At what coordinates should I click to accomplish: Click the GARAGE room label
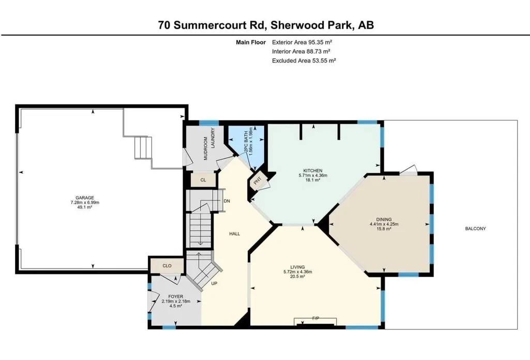point(84,198)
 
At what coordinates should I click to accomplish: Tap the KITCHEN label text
point(313,171)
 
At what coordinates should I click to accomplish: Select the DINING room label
point(384,219)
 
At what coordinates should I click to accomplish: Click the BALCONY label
point(476,229)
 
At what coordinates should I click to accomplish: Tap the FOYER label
point(176,297)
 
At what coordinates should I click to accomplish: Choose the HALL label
point(235,234)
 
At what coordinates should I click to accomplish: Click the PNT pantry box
point(258,181)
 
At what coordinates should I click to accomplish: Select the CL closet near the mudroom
point(203,180)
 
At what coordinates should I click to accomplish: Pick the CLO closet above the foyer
point(167,266)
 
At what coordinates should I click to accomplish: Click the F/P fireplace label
point(315,319)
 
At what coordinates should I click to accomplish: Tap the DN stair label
point(227,201)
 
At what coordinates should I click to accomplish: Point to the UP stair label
point(214,283)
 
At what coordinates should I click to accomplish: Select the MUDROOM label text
point(205,149)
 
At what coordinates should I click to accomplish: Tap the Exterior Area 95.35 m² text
point(302,42)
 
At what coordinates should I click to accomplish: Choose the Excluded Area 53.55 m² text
point(304,61)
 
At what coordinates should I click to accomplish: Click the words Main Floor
point(251,42)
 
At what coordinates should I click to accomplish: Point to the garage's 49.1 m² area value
point(84,207)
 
